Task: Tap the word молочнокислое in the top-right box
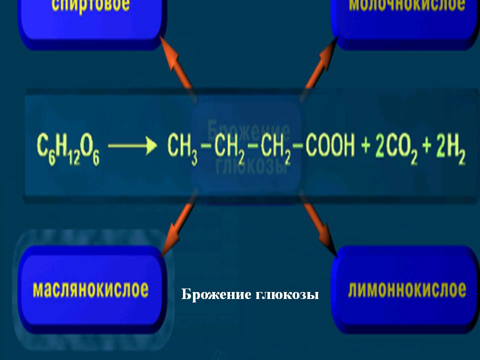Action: coord(407,6)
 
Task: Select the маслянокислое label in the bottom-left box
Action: coord(90,289)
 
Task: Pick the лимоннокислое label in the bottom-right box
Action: coord(406,289)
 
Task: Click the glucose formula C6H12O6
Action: coord(68,149)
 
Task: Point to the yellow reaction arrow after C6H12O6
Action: coord(129,146)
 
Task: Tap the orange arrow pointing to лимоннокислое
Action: coord(320,225)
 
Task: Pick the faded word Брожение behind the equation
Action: coord(247,129)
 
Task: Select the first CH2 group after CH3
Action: coord(230,149)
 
